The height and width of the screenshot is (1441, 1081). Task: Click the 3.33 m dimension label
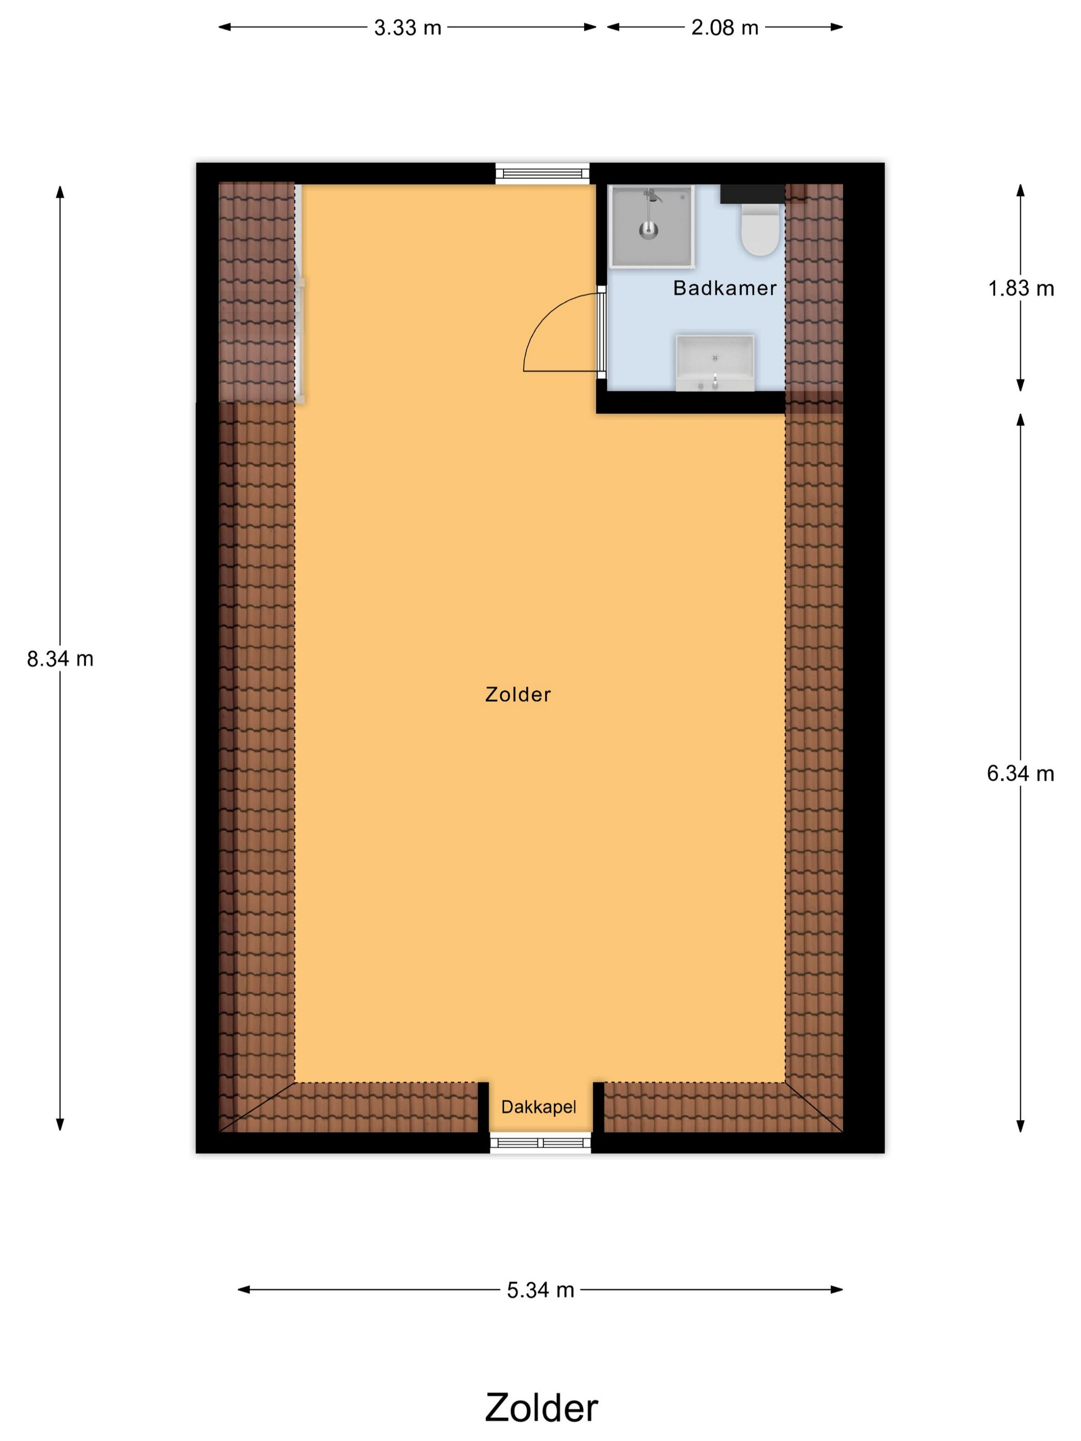(x=407, y=28)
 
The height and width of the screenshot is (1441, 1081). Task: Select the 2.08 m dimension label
(x=725, y=28)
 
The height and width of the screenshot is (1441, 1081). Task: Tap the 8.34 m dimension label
(x=60, y=659)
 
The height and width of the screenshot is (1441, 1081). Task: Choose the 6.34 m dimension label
(x=1020, y=774)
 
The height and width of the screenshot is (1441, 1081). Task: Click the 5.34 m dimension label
(x=540, y=1290)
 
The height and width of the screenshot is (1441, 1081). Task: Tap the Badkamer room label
(x=725, y=288)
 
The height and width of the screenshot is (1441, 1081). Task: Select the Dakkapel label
(x=538, y=1107)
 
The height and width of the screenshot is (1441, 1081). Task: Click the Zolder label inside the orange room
(x=518, y=694)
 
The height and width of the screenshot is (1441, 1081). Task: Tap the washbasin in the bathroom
(x=715, y=362)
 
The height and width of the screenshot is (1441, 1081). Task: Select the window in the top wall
(x=542, y=173)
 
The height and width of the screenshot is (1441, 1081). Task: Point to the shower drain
(x=648, y=230)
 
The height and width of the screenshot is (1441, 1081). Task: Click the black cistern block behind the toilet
(x=753, y=194)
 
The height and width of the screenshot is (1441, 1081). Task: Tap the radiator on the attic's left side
(x=301, y=339)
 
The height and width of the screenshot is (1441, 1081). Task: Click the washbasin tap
(x=715, y=380)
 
